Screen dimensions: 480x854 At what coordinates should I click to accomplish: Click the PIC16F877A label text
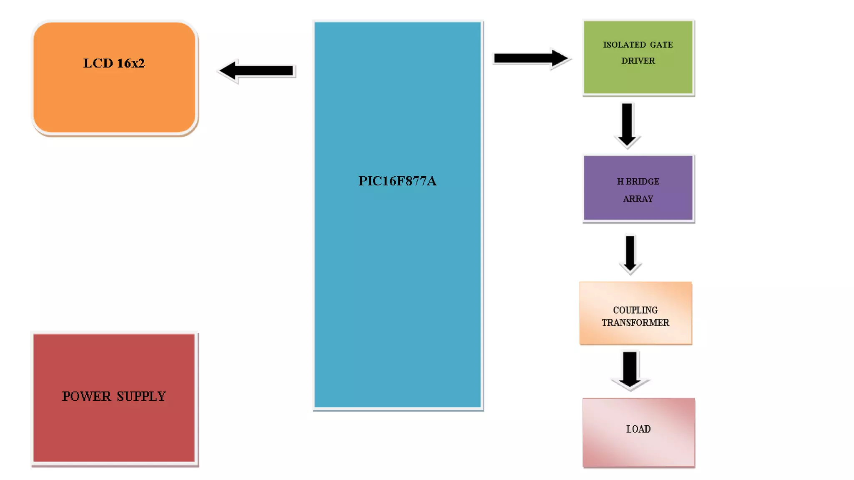(x=397, y=181)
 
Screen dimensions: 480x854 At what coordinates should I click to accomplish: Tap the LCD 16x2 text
(x=114, y=63)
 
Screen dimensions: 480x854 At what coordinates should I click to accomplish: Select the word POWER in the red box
(x=86, y=396)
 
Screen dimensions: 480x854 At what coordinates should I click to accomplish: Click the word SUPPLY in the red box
(x=141, y=396)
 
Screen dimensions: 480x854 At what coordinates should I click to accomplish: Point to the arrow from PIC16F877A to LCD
(x=257, y=71)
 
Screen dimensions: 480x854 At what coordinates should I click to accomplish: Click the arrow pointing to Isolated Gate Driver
(x=530, y=58)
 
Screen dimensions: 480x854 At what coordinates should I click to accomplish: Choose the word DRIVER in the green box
(x=638, y=61)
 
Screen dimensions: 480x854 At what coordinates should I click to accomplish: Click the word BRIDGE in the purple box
(x=642, y=181)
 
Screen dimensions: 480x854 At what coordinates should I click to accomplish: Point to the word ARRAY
(x=638, y=199)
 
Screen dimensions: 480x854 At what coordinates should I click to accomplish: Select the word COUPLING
(x=635, y=310)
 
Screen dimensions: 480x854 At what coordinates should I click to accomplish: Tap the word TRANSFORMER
(x=635, y=322)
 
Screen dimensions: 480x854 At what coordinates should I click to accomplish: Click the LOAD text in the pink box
(x=638, y=429)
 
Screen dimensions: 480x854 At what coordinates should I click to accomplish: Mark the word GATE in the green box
(x=661, y=45)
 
